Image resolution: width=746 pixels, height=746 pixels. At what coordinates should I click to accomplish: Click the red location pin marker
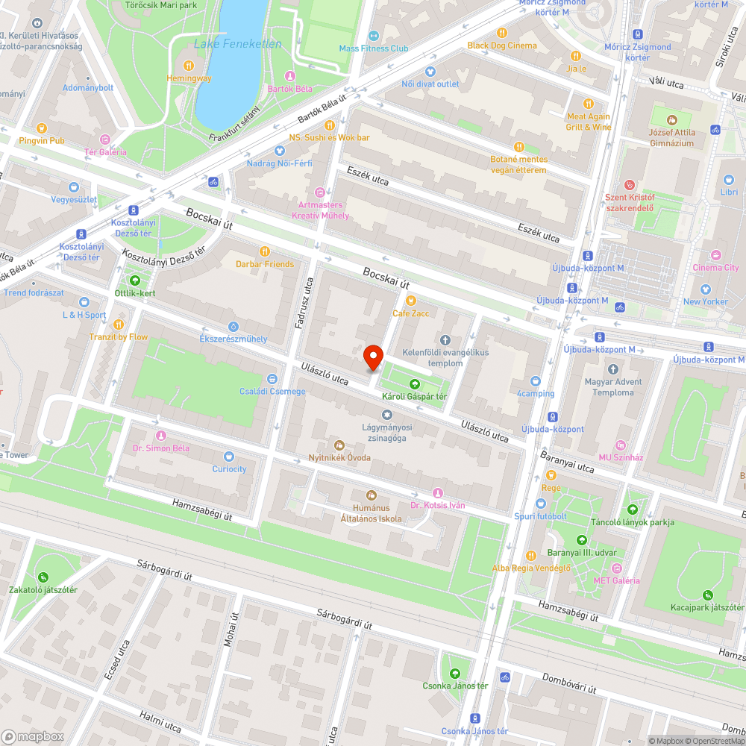click(372, 358)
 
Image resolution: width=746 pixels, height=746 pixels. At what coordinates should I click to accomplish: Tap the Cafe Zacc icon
click(411, 300)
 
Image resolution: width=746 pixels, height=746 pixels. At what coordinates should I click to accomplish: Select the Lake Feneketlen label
click(237, 44)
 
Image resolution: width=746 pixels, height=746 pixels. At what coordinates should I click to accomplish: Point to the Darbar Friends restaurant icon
click(264, 251)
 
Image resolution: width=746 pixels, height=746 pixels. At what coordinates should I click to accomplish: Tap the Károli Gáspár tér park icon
click(415, 383)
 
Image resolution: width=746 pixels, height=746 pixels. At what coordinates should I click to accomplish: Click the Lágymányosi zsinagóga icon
click(386, 415)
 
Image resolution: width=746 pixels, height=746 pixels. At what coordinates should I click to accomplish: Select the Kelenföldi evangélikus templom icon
click(447, 339)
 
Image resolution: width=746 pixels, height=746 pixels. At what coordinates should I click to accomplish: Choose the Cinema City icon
click(716, 254)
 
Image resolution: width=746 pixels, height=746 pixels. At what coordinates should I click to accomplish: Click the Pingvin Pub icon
click(42, 128)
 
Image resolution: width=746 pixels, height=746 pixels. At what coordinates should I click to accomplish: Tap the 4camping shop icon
click(535, 380)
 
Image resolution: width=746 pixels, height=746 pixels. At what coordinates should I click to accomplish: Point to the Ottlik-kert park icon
click(135, 280)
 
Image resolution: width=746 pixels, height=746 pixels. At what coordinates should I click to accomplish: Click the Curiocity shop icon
click(229, 457)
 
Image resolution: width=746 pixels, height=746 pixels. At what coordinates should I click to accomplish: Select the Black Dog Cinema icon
click(501, 33)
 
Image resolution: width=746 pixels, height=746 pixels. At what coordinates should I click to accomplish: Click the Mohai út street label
click(230, 631)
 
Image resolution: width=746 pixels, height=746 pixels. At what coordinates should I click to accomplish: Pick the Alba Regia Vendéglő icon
click(530, 555)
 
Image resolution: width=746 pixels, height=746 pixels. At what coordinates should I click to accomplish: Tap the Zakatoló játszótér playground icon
click(43, 577)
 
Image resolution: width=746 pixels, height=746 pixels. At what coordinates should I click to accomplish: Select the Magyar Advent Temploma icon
click(612, 369)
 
